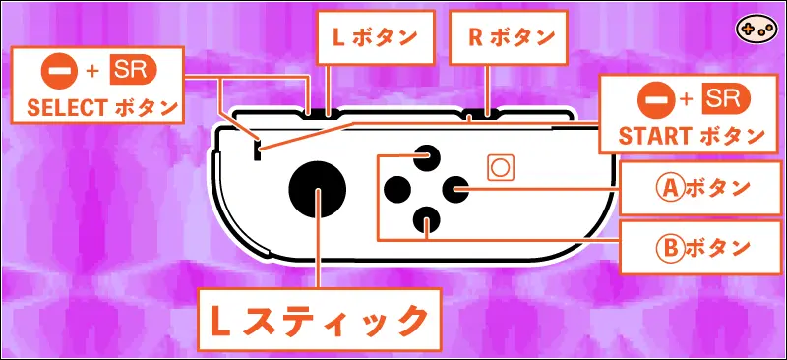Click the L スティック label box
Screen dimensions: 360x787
[x=317, y=321]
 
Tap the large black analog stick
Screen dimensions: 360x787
[x=318, y=187]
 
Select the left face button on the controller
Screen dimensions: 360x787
[x=396, y=186]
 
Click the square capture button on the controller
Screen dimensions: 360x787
[x=500, y=167]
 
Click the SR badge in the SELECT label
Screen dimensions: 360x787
[x=132, y=71]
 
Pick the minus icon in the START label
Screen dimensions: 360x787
[x=653, y=98]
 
